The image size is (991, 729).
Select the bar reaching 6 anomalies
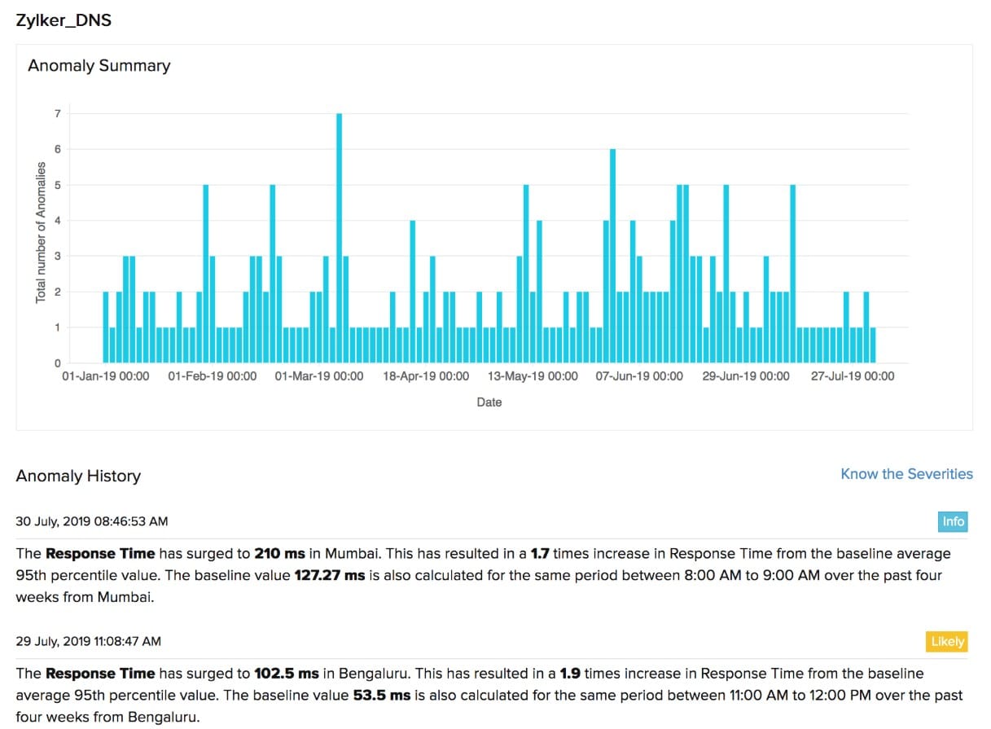[x=612, y=256]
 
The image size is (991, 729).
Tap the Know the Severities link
[x=906, y=474]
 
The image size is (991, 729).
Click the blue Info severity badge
[x=953, y=521]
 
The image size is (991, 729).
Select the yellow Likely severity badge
[x=947, y=642]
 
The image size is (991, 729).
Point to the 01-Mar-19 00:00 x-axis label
[x=319, y=376]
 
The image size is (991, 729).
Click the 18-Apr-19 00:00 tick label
[x=426, y=376]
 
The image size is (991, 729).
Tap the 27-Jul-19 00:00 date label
[x=853, y=376]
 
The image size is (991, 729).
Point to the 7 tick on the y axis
[x=58, y=114]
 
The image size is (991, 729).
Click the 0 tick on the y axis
[x=58, y=363]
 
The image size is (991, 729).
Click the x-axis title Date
[x=489, y=402]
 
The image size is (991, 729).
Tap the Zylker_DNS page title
[x=64, y=21]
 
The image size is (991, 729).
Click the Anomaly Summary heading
[x=99, y=66]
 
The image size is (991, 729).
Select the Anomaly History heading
[x=78, y=476]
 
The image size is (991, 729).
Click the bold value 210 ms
[x=279, y=554]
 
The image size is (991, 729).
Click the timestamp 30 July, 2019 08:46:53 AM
[x=92, y=521]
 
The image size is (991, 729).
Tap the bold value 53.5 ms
[x=382, y=696]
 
